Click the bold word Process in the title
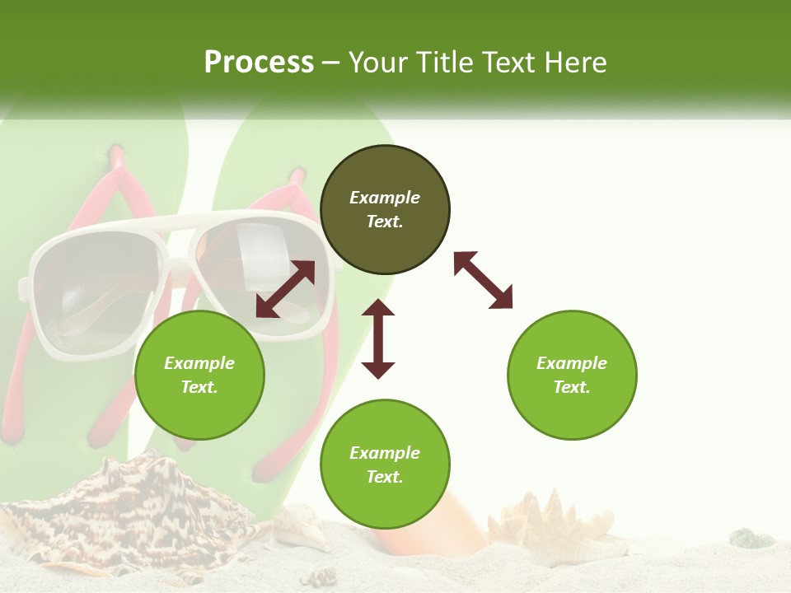(x=259, y=63)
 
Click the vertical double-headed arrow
(x=378, y=339)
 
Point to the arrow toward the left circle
(x=285, y=289)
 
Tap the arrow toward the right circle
(x=483, y=280)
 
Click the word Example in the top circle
(x=385, y=198)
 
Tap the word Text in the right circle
(x=572, y=387)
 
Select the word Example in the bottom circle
(x=385, y=453)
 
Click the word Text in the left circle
(x=199, y=387)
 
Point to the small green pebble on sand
(x=751, y=539)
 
